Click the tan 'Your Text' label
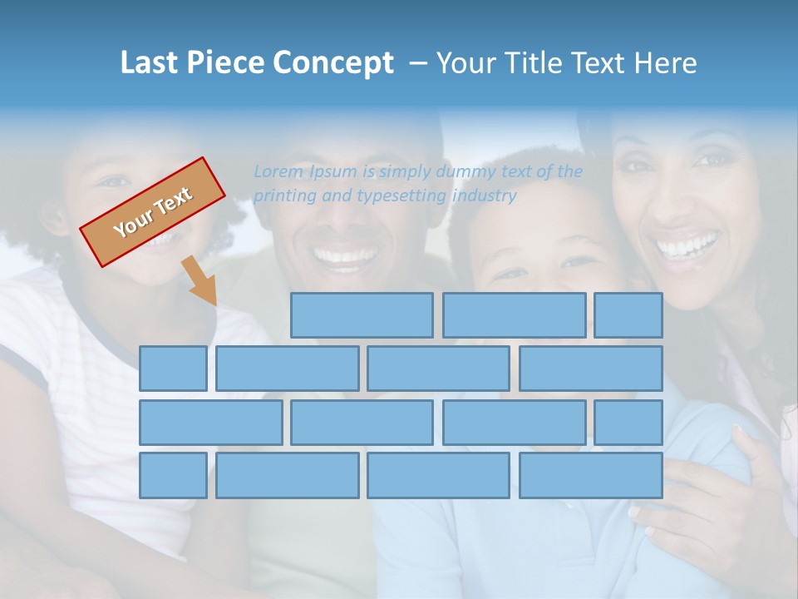[153, 212]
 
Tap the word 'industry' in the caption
[484, 196]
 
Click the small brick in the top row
[628, 315]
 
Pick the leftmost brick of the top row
[362, 315]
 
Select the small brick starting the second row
[173, 369]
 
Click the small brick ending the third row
[628, 423]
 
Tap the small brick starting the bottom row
[173, 476]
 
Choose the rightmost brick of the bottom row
[591, 476]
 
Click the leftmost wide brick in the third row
[211, 423]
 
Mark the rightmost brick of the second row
[591, 369]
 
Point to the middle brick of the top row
[514, 315]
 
